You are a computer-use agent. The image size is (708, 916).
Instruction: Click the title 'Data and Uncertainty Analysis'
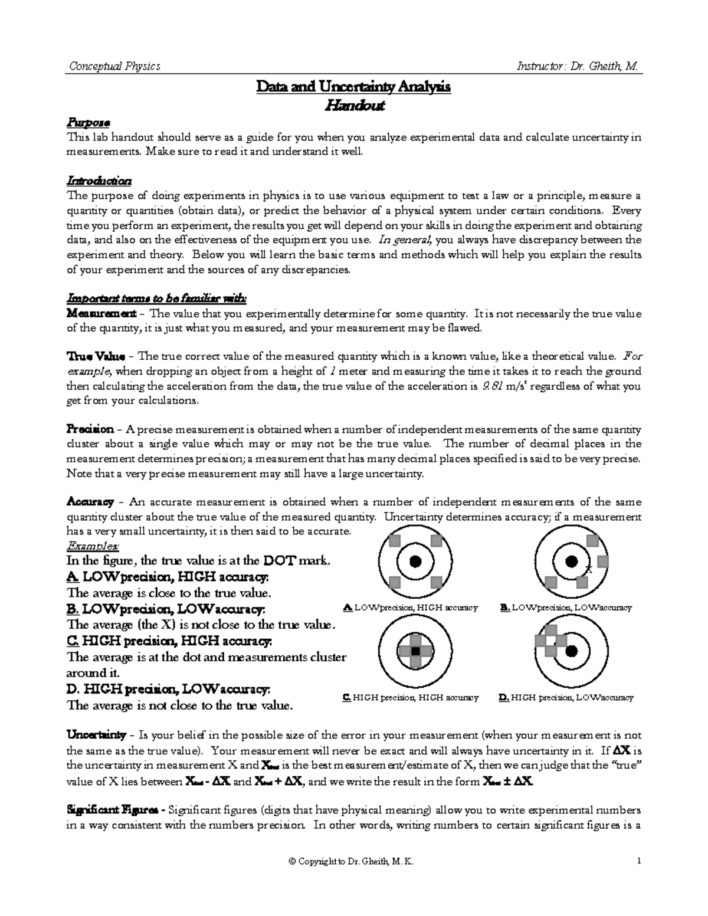pyautogui.click(x=353, y=87)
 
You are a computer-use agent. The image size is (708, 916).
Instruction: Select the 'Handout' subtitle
pyautogui.click(x=353, y=106)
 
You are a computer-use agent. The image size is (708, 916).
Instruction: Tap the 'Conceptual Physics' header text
pyautogui.click(x=114, y=66)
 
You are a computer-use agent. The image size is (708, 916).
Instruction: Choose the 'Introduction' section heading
pyautogui.click(x=99, y=180)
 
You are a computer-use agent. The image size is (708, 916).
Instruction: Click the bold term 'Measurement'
pyautogui.click(x=101, y=313)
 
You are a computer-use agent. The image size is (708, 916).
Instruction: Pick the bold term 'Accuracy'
pyautogui.click(x=90, y=503)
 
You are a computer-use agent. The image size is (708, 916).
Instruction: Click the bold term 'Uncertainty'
pyautogui.click(x=96, y=736)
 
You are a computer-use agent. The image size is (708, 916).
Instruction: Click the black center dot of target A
pyautogui.click(x=415, y=562)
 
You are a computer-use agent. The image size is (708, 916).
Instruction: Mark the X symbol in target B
pyautogui.click(x=588, y=570)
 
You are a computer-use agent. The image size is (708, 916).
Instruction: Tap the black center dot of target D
pyautogui.click(x=571, y=651)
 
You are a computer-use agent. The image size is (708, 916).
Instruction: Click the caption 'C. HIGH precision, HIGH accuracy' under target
pyautogui.click(x=410, y=698)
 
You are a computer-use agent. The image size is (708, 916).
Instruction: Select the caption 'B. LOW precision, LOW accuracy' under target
pyautogui.click(x=565, y=608)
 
